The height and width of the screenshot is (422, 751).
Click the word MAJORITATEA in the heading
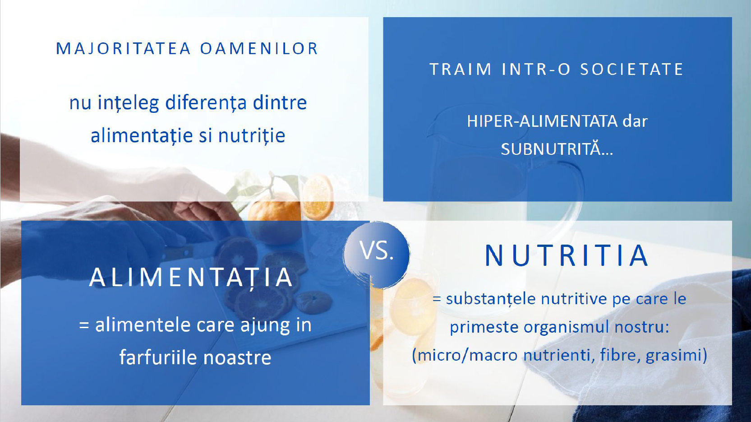[x=124, y=48]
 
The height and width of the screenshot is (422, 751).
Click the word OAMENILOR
[x=259, y=48]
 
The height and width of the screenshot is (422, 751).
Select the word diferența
[x=206, y=102]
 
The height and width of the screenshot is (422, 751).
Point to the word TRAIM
[x=461, y=70]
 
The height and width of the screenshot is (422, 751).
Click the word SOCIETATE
[x=631, y=70]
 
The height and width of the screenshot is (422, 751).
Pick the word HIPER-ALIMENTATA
[x=542, y=121]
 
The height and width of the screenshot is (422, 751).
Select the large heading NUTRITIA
[x=566, y=255]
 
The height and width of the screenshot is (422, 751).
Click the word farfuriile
[x=158, y=357]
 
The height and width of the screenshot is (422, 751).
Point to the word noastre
[x=237, y=357]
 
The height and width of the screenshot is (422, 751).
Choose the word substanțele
[x=491, y=299]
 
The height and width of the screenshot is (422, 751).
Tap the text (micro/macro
[x=465, y=355]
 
